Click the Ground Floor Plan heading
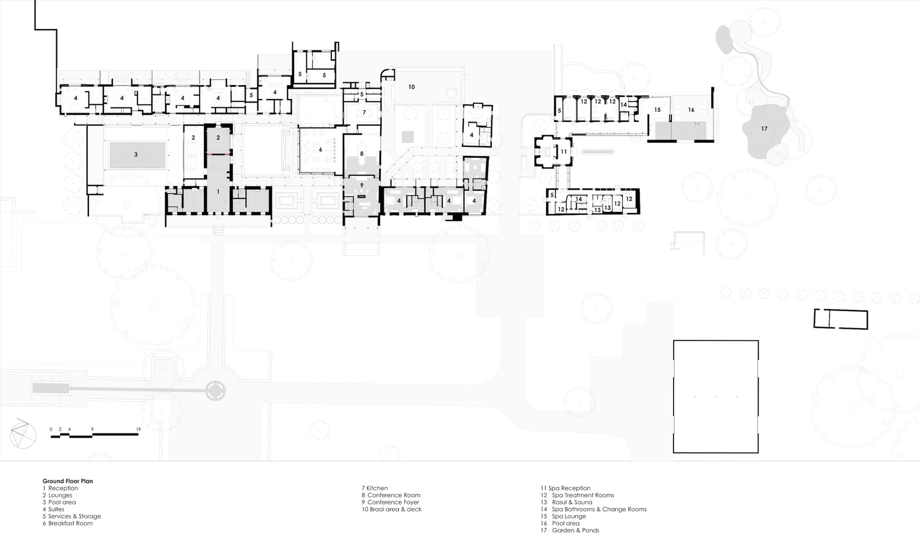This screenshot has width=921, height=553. coord(68,481)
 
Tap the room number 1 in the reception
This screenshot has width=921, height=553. coord(218,192)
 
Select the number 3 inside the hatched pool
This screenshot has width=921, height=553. coord(136,154)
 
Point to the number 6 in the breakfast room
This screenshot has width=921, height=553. coord(321,150)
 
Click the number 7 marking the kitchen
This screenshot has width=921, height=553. coord(364,112)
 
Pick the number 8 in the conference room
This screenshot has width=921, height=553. coord(362,154)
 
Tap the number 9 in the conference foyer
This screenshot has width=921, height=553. coord(362,185)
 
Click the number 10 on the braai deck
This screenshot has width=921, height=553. coord(412,87)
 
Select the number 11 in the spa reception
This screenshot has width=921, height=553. coord(564,152)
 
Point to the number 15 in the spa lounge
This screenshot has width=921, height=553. coord(657,110)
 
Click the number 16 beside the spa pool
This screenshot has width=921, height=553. coord(691,110)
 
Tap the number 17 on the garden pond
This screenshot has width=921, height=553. coord(764,129)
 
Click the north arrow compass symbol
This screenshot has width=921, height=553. coord(23,434)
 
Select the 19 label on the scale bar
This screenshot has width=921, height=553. coord(139,429)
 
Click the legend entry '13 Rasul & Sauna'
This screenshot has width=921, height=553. coord(566,502)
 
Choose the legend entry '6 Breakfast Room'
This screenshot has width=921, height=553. coord(68,523)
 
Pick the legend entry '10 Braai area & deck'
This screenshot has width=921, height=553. coord(392,509)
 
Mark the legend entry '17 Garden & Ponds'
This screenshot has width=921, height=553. coord(570,530)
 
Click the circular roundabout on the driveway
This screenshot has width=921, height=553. coord(215,390)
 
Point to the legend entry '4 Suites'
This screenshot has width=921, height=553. coord(54,509)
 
